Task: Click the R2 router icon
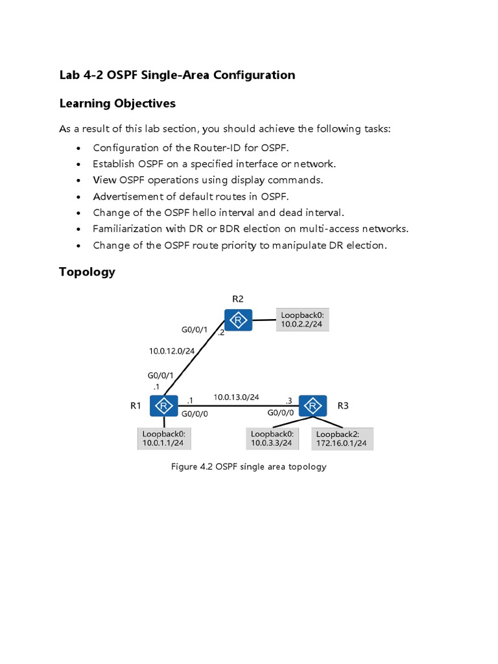coord(239,320)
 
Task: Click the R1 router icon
coord(164,406)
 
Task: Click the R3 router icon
coord(313,406)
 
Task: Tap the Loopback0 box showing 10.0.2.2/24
coord(302,320)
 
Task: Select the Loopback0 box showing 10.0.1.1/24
coord(164,439)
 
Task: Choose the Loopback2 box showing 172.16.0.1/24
coord(342,439)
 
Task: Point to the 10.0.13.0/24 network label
coord(236,397)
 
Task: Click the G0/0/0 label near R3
coord(281,412)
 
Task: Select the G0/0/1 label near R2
coord(195,330)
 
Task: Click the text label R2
coord(238,298)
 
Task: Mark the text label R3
coord(343,406)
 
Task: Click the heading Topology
coord(87,272)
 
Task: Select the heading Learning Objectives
coord(117,104)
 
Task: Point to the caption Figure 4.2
coord(192,467)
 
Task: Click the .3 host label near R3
coord(289,401)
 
